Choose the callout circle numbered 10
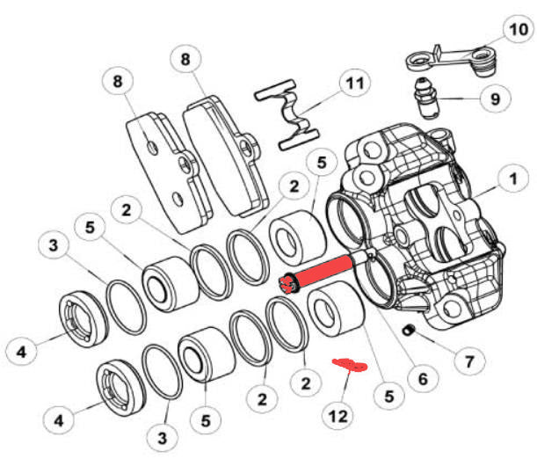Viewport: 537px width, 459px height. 516,31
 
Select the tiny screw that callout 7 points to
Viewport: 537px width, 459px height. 408,331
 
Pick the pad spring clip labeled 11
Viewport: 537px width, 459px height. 290,114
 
